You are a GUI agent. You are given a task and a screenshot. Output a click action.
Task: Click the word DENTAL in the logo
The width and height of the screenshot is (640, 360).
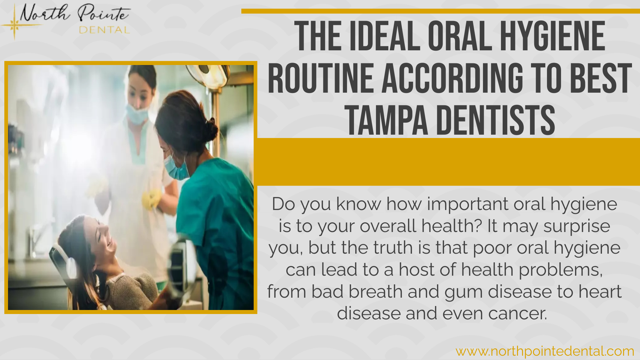(x=104, y=30)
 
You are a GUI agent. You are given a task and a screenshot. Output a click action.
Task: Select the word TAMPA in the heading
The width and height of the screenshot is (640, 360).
(x=386, y=120)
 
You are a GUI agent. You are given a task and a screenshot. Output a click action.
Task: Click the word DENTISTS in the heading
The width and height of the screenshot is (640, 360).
(x=496, y=120)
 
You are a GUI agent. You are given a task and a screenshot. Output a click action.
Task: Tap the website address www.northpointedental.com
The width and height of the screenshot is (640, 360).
(x=545, y=351)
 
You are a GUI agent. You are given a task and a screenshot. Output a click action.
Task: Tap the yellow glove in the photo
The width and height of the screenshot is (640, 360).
(x=152, y=199)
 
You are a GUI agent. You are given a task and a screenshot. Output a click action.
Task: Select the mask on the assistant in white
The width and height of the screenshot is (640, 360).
(x=137, y=114)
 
